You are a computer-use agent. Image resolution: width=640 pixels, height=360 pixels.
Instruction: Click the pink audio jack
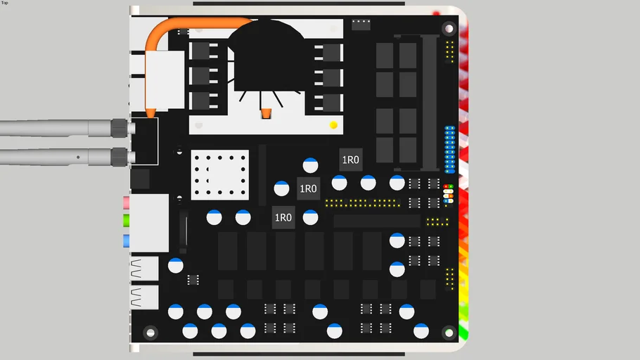click(127, 202)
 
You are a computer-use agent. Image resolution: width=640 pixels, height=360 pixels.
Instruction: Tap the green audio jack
click(127, 221)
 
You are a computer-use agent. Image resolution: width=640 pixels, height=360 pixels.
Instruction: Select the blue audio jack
click(127, 240)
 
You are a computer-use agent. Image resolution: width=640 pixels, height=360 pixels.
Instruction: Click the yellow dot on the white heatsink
click(333, 125)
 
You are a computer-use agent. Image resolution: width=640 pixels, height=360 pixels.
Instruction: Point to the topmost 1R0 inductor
click(350, 160)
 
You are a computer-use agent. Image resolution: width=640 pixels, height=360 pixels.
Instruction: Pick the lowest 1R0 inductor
click(283, 217)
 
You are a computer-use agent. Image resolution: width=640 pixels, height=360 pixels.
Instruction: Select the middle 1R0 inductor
click(308, 188)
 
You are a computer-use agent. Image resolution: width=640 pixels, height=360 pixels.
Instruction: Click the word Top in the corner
click(5, 3)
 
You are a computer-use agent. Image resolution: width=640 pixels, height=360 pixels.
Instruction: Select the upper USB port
click(144, 269)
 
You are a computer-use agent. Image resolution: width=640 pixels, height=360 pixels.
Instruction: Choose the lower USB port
click(144, 297)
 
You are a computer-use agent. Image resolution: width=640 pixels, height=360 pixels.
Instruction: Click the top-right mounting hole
click(449, 29)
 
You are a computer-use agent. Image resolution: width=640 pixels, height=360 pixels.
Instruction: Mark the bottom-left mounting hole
click(150, 332)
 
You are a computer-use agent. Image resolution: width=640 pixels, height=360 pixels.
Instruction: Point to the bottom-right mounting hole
click(449, 332)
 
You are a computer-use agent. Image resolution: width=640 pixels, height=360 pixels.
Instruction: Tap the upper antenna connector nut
click(120, 127)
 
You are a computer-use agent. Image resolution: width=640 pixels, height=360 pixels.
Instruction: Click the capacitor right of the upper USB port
click(176, 266)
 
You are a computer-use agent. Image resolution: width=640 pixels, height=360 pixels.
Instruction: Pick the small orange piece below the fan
click(266, 113)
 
